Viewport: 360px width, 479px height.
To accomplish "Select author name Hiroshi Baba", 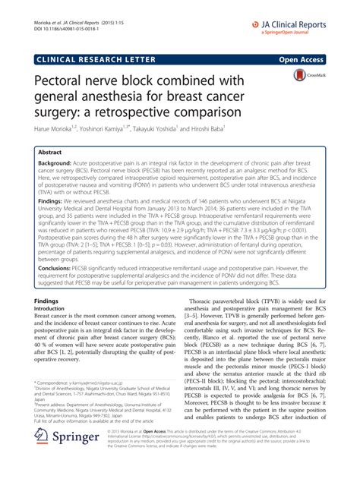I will coord(247,131).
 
